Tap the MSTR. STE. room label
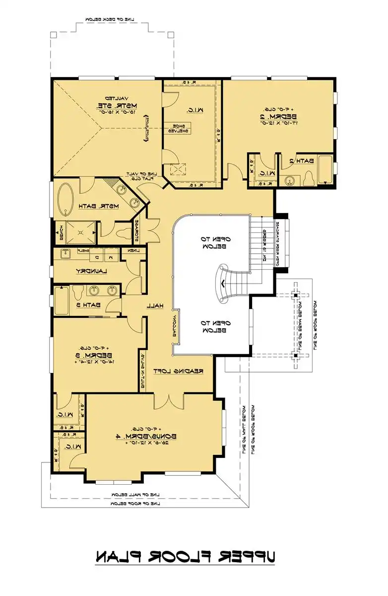(110, 105)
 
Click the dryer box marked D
(97, 257)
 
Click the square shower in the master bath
(78, 232)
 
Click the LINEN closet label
(133, 250)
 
